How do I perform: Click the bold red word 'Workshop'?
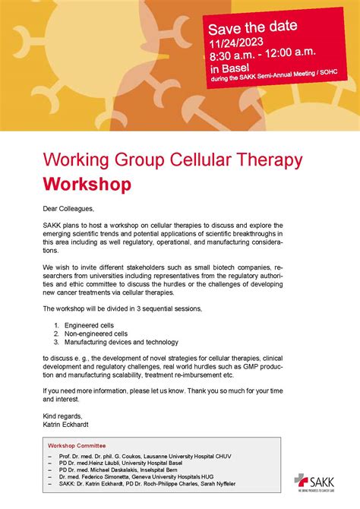coord(87,184)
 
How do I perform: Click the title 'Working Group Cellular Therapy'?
coord(172,160)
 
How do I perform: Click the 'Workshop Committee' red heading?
coord(77,445)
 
